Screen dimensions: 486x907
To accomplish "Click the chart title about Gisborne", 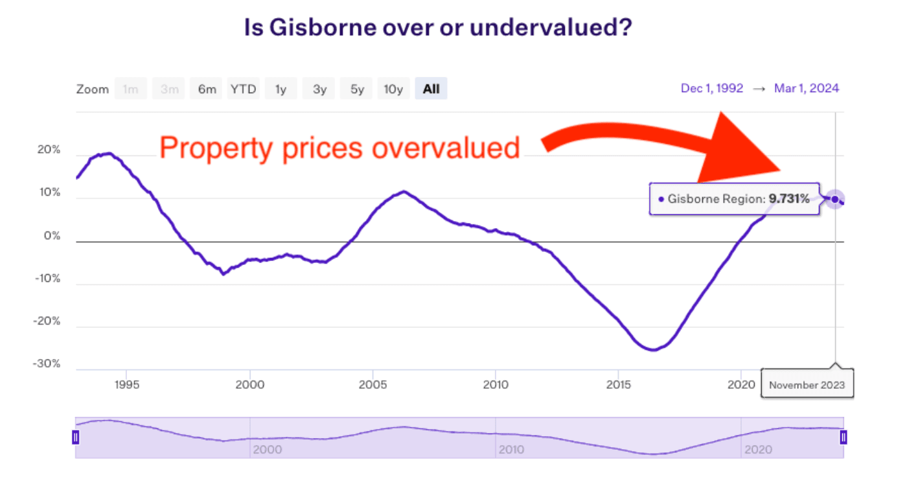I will pos(437,29).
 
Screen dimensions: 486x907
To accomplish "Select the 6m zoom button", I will pos(207,89).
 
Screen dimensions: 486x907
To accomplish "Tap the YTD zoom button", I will pos(244,89).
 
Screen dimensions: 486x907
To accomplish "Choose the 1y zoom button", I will pos(281,89).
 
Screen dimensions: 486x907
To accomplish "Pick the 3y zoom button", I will pos(319,89).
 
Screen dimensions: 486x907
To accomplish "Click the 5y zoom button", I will pos(357,89).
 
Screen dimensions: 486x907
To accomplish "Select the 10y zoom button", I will pos(393,89).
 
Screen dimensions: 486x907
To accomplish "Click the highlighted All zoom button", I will pos(431,89).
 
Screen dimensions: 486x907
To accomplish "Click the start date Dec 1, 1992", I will pos(711,88).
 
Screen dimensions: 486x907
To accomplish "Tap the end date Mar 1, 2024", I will pos(806,88).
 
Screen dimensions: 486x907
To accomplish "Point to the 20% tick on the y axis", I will pos(47,150).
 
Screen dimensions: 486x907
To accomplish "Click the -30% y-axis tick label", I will pos(46,364).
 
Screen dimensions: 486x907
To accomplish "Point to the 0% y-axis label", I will pos(51,236).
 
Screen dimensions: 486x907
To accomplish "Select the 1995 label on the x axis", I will pos(126,384).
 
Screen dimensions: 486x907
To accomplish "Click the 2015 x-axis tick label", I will pos(618,384).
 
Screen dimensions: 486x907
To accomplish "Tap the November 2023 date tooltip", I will pos(807,385).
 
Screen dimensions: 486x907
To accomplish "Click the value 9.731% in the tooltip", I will pos(788,199).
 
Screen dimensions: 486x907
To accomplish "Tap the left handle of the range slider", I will pos(75,437).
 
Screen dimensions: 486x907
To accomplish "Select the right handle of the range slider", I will pos(844,437).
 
